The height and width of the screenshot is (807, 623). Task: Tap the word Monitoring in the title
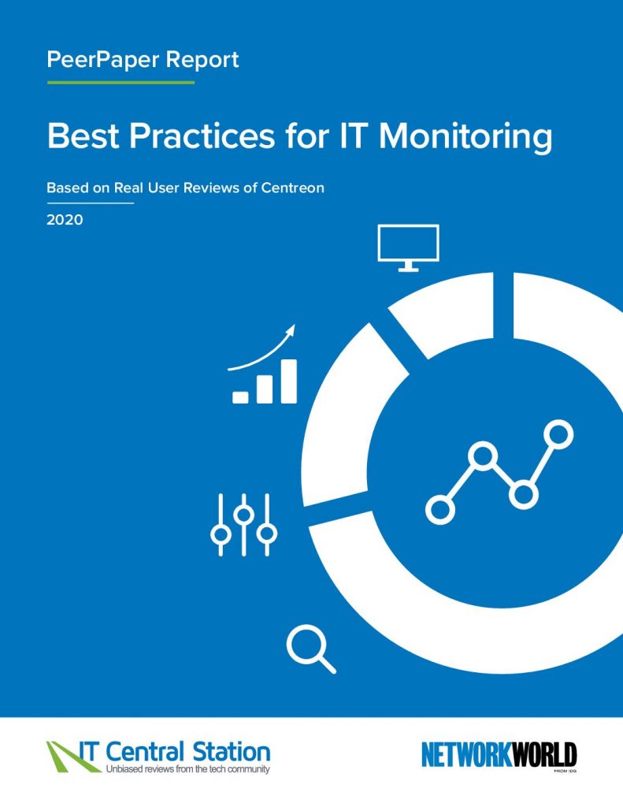click(x=465, y=136)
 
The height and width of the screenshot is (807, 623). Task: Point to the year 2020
click(x=65, y=220)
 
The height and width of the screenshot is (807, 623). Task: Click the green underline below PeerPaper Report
click(x=121, y=82)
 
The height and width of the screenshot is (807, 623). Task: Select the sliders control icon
click(x=243, y=524)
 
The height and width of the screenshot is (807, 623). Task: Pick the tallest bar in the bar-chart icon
click(x=288, y=381)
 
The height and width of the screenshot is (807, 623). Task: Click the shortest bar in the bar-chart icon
click(x=240, y=397)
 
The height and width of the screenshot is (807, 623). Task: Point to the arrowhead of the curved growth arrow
click(x=291, y=330)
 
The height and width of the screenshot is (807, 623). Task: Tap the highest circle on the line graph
click(x=559, y=433)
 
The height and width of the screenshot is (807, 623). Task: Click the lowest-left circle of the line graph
click(x=440, y=509)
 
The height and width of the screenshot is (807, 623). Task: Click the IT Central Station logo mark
click(x=67, y=756)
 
